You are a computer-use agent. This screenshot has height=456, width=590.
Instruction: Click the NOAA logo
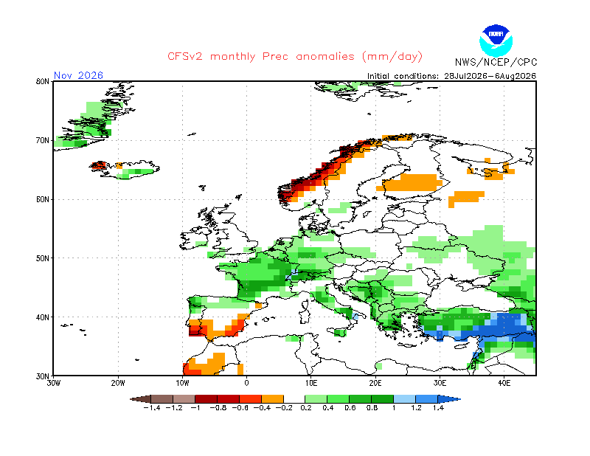click(496, 41)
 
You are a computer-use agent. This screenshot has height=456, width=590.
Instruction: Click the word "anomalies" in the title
click(325, 57)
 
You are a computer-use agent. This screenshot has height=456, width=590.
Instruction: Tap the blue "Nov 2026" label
click(78, 75)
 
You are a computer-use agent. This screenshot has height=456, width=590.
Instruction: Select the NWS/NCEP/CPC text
click(496, 62)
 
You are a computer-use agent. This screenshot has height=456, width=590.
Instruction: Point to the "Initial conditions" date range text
click(451, 76)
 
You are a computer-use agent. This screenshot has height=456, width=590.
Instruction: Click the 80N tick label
click(43, 81)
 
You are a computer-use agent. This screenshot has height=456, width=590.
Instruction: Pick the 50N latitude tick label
click(43, 258)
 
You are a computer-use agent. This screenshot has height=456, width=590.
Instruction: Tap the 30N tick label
click(43, 376)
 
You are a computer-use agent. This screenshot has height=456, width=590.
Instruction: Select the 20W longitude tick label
click(118, 384)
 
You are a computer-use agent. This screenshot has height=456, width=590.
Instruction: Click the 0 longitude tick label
click(246, 384)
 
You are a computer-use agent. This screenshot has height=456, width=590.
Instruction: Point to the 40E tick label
click(504, 384)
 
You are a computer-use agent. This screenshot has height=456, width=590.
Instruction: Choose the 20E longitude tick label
click(375, 384)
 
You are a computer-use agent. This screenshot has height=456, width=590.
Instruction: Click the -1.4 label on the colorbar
click(152, 408)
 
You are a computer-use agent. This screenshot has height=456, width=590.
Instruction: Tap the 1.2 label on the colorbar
click(416, 408)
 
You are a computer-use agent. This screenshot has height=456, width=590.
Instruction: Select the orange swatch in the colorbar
click(272, 399)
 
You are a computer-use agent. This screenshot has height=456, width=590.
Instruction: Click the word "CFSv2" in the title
click(185, 57)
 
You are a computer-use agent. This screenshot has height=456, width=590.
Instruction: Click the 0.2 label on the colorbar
click(306, 408)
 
